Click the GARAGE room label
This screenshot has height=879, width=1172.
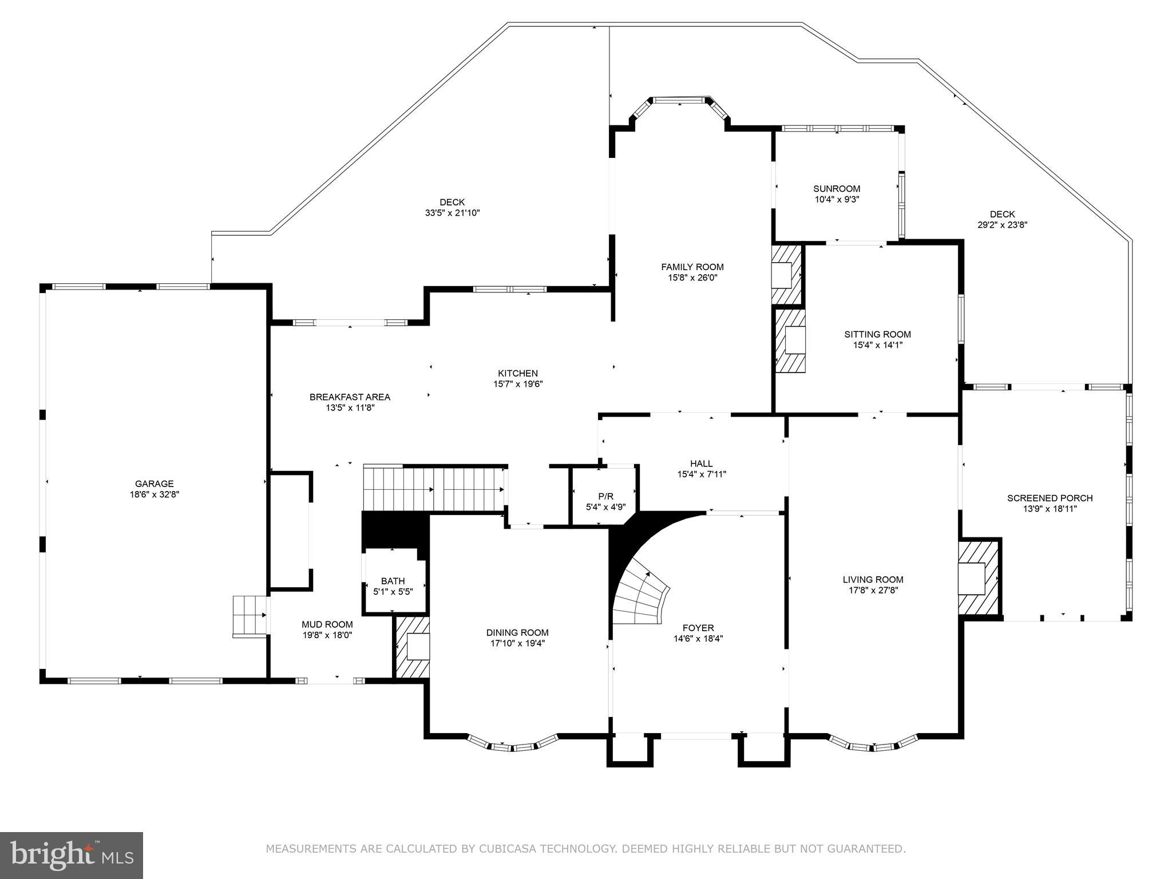click(x=154, y=484)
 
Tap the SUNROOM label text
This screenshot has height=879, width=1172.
click(x=837, y=189)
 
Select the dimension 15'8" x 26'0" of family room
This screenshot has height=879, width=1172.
click(x=692, y=278)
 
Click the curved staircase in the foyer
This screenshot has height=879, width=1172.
click(x=641, y=595)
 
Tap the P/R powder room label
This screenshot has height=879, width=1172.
click(x=605, y=496)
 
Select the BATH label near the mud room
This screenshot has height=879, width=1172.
click(x=393, y=581)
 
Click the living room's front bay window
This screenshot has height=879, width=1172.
click(x=873, y=745)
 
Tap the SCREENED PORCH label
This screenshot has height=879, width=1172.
click(x=1050, y=498)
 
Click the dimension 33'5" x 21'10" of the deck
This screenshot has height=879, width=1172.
click(x=452, y=213)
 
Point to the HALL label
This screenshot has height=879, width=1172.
click(x=701, y=464)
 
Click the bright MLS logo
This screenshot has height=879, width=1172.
click(x=71, y=855)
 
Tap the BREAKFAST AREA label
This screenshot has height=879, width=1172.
click(x=350, y=397)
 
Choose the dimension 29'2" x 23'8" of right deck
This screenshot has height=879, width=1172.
click(x=1002, y=225)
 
